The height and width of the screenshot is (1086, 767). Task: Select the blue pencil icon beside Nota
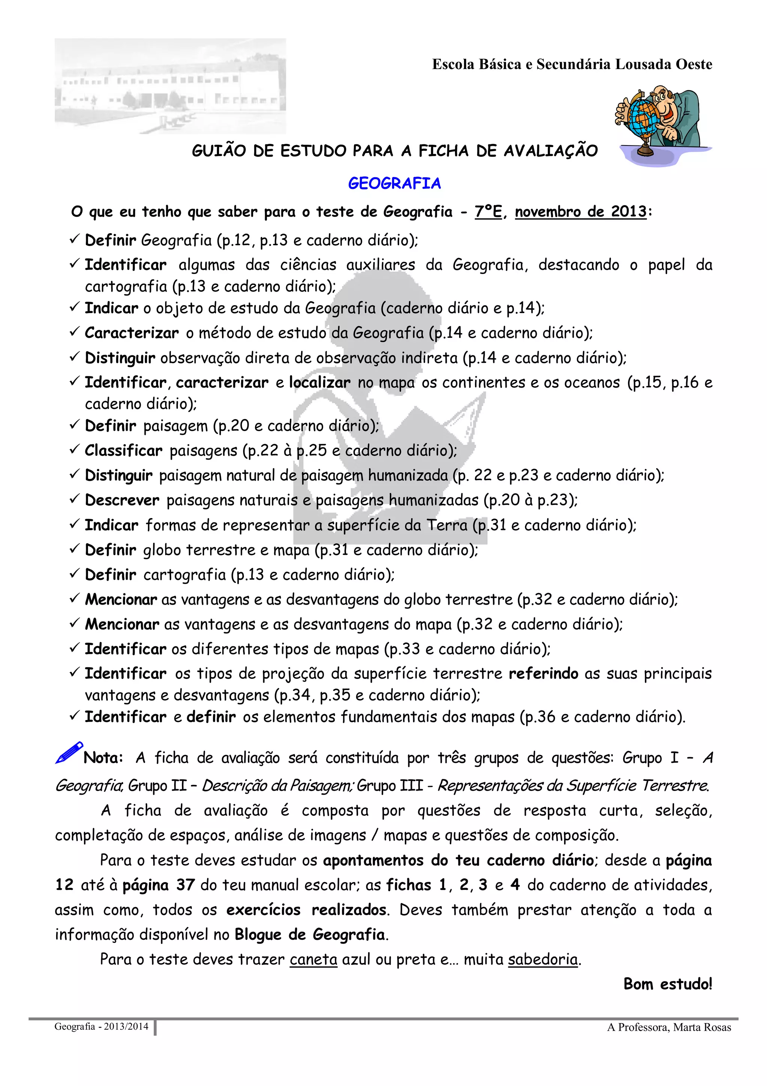[x=69, y=752]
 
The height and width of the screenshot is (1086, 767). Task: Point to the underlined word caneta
[x=313, y=959]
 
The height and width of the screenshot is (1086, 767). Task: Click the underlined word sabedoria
[x=543, y=959]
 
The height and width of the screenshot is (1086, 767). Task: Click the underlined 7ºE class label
[x=488, y=211]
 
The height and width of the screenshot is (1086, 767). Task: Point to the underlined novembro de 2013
[x=580, y=211]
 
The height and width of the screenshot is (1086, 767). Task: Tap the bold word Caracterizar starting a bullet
[x=132, y=333]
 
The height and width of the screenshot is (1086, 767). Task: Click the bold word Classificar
[x=123, y=450]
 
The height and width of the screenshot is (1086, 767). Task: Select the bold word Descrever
[x=122, y=500]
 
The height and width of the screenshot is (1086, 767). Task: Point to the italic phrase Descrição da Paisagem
[x=277, y=786]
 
